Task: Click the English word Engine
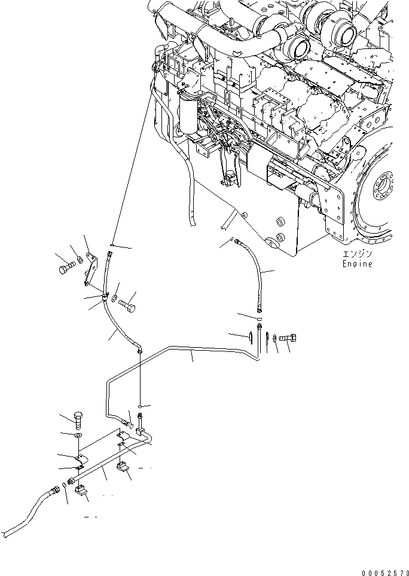pos(357,264)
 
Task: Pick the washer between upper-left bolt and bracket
pos(80,261)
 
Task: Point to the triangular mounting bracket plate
pos(90,269)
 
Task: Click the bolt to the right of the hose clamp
pos(128,307)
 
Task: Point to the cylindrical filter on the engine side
pos(190,114)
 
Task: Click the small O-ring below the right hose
pos(259,320)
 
